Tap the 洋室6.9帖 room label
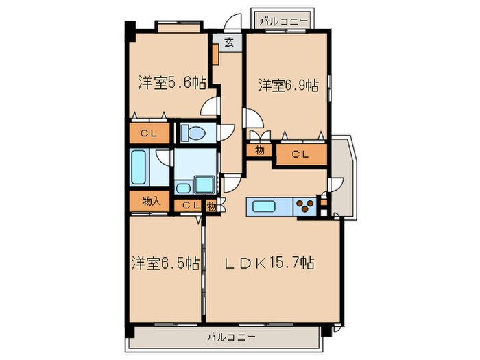tap(288, 85)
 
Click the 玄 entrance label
tap(230, 43)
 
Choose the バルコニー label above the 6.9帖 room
tap(283, 21)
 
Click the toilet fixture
tap(197, 132)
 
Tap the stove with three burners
tap(304, 205)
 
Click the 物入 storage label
tap(151, 201)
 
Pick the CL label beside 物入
tap(190, 204)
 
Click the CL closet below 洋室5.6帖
tap(149, 133)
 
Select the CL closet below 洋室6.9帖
tap(300, 154)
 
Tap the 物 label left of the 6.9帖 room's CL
tap(260, 149)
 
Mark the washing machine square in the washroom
tap(204, 184)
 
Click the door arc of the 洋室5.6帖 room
tap(212, 106)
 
